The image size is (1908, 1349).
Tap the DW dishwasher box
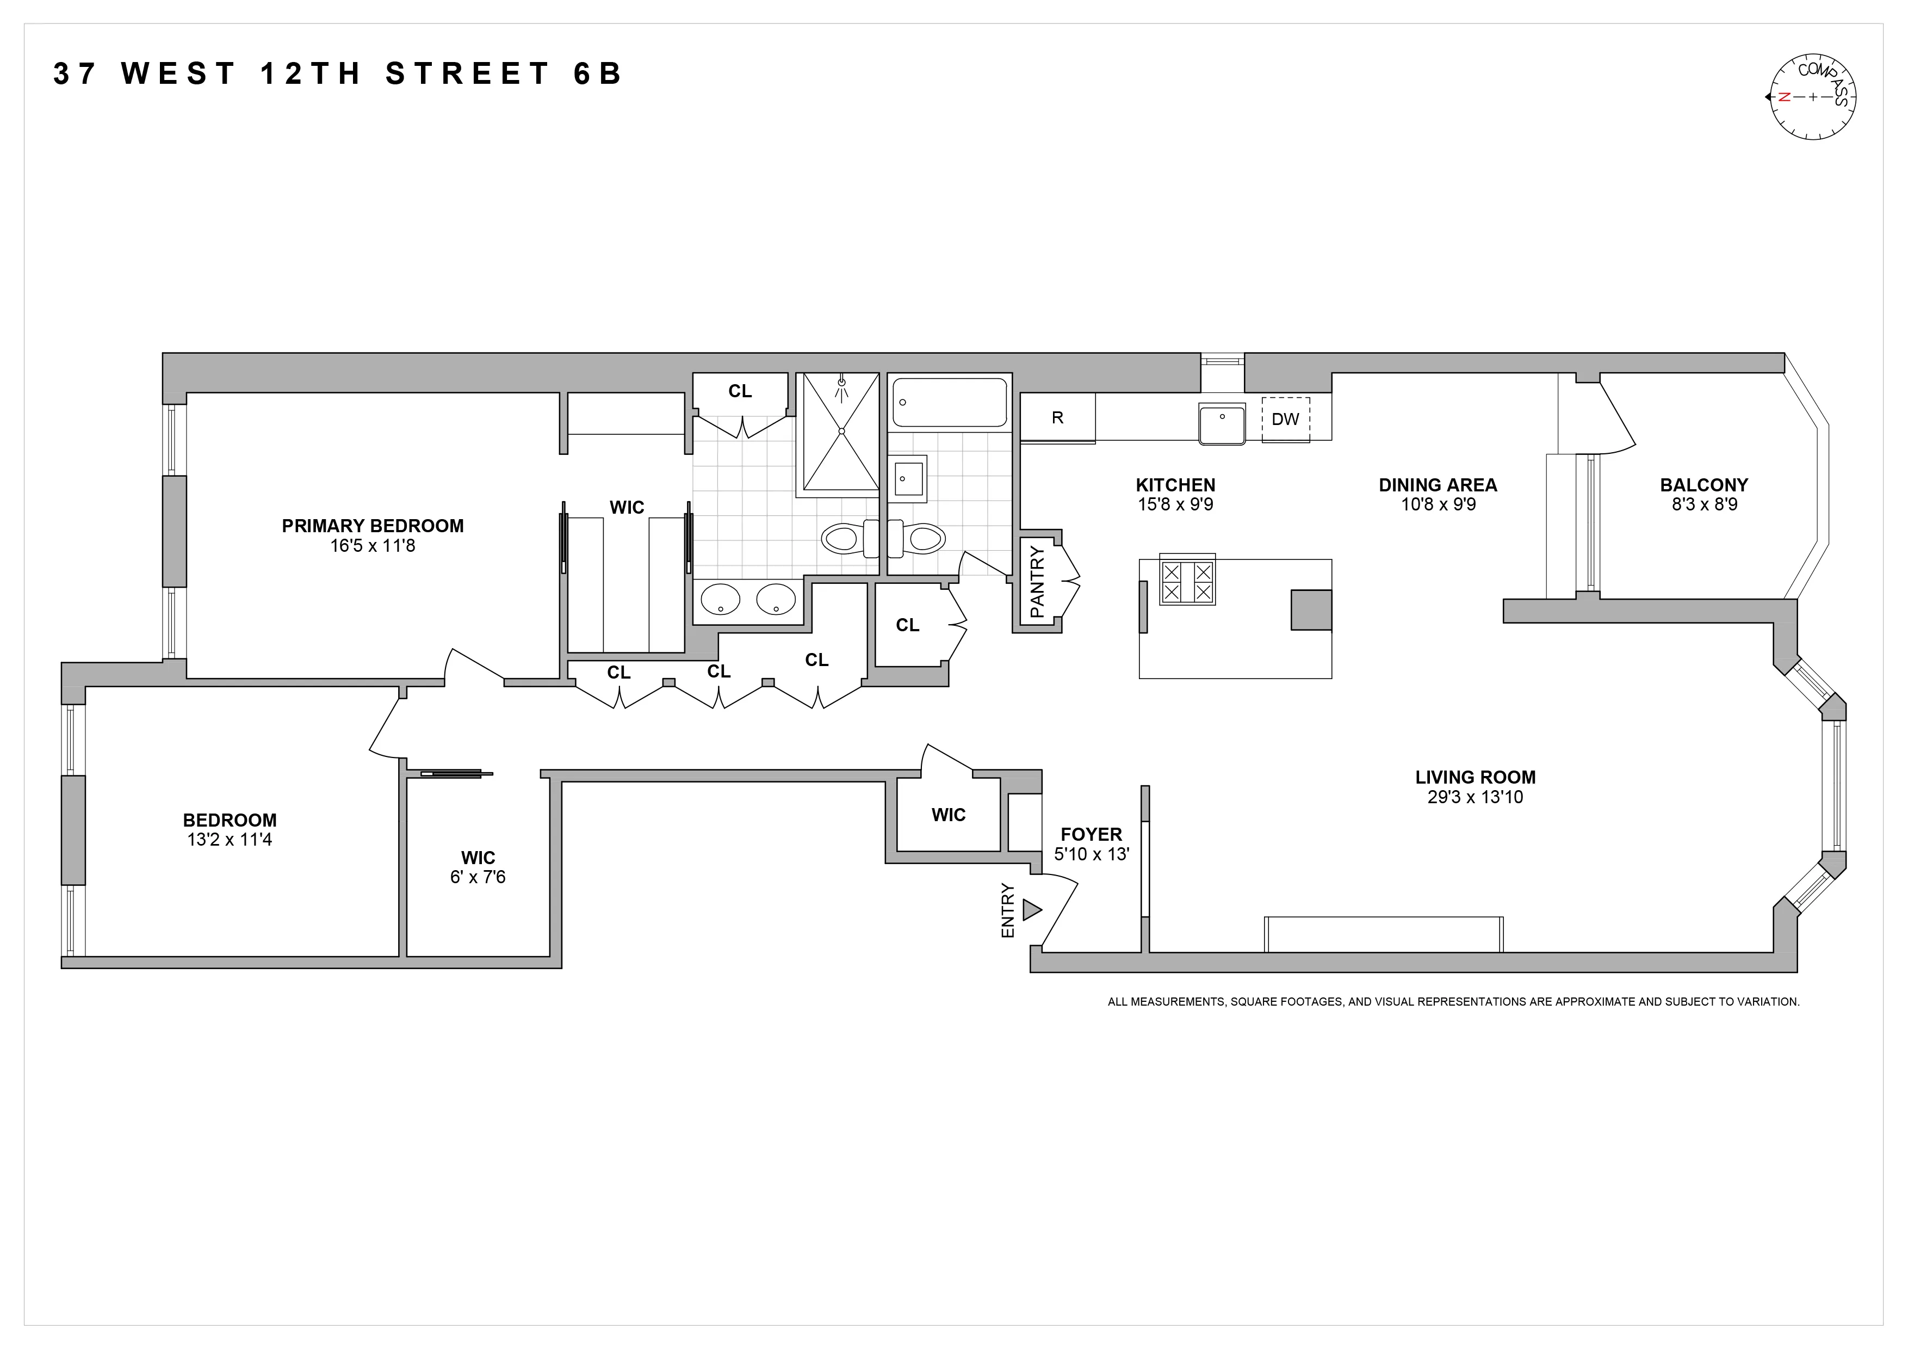point(1285,419)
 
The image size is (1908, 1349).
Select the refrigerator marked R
point(1057,417)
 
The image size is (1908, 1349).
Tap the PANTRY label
point(1036,582)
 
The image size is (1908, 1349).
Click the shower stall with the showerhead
point(840,432)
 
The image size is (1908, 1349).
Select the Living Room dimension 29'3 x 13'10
point(1475,797)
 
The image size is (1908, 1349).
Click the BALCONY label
point(1703,484)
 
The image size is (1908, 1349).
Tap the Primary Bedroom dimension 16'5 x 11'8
point(372,546)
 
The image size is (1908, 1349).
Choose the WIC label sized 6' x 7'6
point(478,857)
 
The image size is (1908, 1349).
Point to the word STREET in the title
point(468,74)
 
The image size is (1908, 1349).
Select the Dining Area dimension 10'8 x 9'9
point(1438,504)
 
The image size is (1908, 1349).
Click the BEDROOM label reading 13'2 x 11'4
point(230,821)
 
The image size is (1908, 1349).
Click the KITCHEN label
point(1175,484)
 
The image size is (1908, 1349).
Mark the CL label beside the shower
point(740,391)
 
